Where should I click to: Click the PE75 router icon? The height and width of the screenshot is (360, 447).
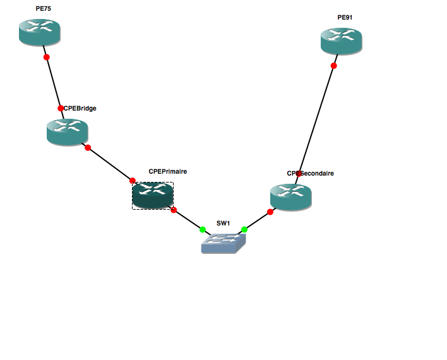pyautogui.click(x=39, y=32)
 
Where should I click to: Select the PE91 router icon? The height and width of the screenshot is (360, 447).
pyautogui.click(x=341, y=41)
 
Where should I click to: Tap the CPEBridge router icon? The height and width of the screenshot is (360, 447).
pyautogui.click(x=67, y=131)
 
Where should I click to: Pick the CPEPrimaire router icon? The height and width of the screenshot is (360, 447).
pyautogui.click(x=152, y=195)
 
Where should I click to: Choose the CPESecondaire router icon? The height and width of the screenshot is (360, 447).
pyautogui.click(x=290, y=196)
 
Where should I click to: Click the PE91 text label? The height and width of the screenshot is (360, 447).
pyautogui.click(x=345, y=18)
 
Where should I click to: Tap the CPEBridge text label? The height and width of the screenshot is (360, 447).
pyautogui.click(x=80, y=108)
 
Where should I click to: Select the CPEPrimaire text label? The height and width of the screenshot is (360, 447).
pyautogui.click(x=168, y=171)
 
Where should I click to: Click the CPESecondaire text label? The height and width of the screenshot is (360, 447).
pyautogui.click(x=311, y=173)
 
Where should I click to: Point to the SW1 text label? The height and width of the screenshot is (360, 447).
pyautogui.click(x=223, y=224)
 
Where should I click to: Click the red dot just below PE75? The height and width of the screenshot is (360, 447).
pyautogui.click(x=46, y=57)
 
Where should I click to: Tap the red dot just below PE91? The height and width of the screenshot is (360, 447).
pyautogui.click(x=334, y=66)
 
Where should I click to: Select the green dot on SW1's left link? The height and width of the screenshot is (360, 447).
pyautogui.click(x=203, y=229)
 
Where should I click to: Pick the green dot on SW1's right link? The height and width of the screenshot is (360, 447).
pyautogui.click(x=244, y=229)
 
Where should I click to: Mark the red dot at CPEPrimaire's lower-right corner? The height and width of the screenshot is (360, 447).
pyautogui.click(x=174, y=210)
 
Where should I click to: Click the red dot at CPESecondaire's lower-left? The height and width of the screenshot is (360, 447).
pyautogui.click(x=270, y=212)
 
